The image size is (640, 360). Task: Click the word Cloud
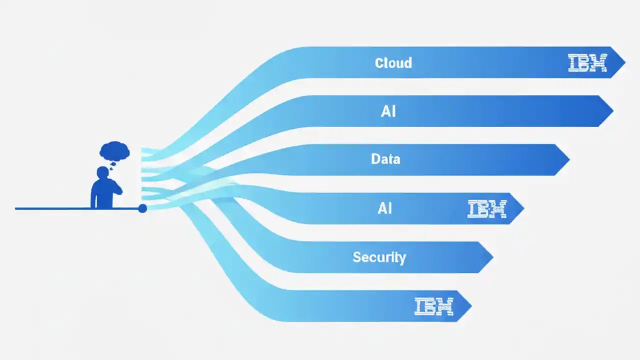393,63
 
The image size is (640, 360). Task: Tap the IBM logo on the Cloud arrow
587,63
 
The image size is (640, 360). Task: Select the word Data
385,159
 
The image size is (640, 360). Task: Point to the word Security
379,257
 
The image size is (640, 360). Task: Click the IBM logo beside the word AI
487,208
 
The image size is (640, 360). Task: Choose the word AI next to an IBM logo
384,208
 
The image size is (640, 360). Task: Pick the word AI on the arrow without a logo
388,111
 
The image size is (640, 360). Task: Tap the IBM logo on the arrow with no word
433,306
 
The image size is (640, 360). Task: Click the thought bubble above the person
115,150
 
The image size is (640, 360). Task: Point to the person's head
103,172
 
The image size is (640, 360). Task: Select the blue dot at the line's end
142,208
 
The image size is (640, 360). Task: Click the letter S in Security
356,257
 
